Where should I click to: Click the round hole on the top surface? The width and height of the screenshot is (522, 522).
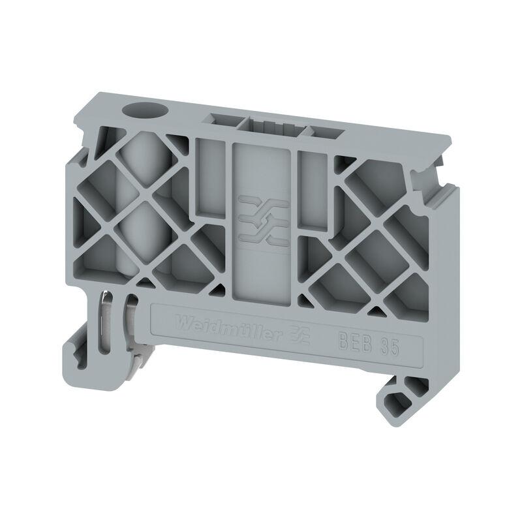(145, 110)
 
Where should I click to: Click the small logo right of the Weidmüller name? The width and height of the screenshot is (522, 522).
(299, 335)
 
